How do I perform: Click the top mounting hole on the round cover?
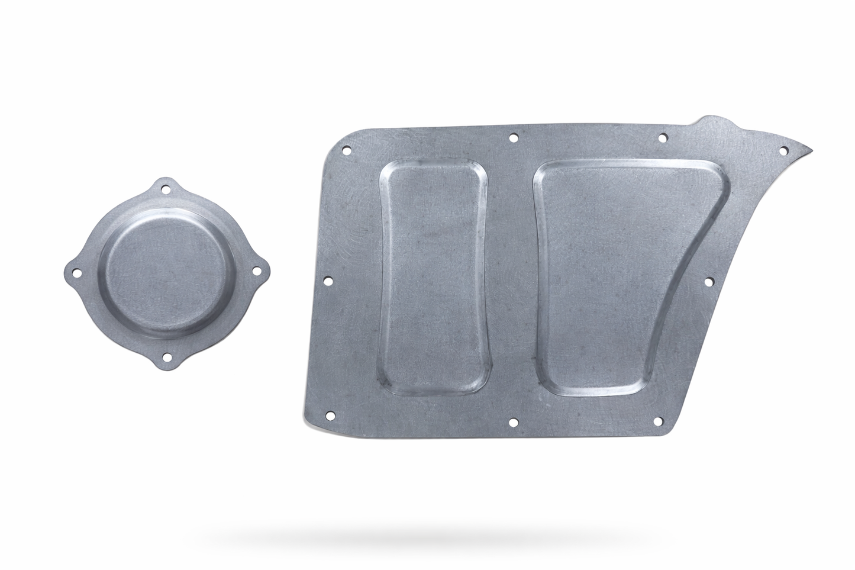tap(166, 191)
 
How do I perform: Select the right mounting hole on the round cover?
tap(256, 270)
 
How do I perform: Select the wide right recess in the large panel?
tap(598, 275)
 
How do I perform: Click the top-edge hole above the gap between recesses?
tap(512, 138)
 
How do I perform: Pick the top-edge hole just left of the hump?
tap(662, 139)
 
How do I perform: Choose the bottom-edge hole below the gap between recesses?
tap(513, 422)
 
